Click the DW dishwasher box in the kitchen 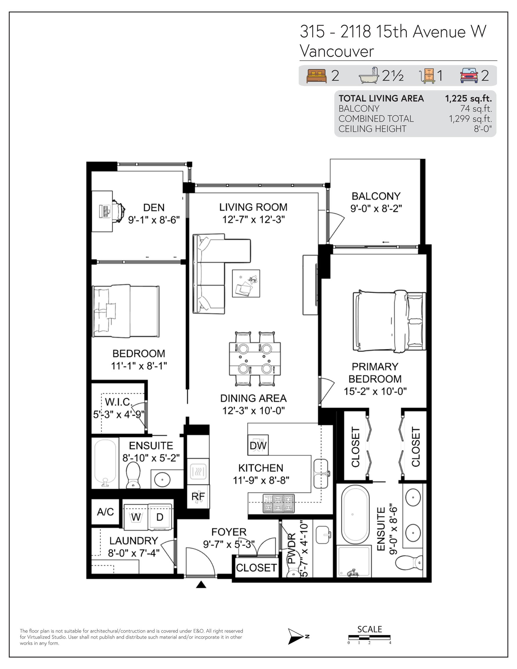click(x=258, y=445)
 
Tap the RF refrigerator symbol click(x=198, y=497)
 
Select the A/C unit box click(x=105, y=512)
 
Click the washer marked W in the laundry click(x=136, y=517)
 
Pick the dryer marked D click(x=160, y=517)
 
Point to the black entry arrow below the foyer click(x=201, y=585)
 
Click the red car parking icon click(x=469, y=75)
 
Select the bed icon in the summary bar click(x=316, y=76)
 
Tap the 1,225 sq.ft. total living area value click(x=468, y=98)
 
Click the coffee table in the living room click(x=246, y=283)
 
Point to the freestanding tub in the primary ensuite click(x=356, y=515)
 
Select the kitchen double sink click(x=321, y=474)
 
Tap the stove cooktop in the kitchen click(x=279, y=503)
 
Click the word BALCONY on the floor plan click(x=376, y=196)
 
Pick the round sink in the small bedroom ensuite click(x=162, y=480)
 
